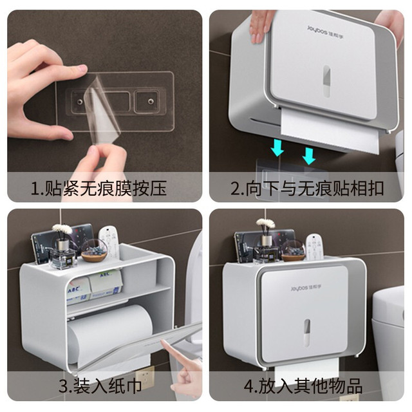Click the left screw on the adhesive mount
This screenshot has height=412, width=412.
79,101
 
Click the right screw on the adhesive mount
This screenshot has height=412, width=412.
151,102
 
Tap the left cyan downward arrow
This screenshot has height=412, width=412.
277,147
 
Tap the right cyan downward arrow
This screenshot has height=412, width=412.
309,156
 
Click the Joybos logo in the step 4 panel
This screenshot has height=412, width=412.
306,288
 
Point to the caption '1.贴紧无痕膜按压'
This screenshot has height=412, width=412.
98,188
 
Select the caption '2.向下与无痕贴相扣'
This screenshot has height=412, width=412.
307,188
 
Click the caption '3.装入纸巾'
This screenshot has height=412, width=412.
100,386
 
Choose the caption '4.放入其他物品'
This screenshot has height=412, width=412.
303,386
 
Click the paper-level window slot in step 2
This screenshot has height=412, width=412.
327,82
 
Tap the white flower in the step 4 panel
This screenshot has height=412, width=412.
266,223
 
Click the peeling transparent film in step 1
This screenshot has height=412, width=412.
103,113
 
